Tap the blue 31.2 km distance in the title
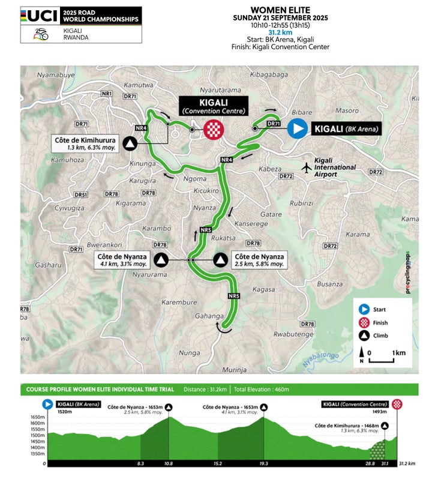pyautogui.click(x=280, y=32)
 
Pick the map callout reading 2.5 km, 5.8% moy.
pyautogui.click(x=259, y=260)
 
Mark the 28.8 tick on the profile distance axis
pyautogui.click(x=370, y=463)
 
